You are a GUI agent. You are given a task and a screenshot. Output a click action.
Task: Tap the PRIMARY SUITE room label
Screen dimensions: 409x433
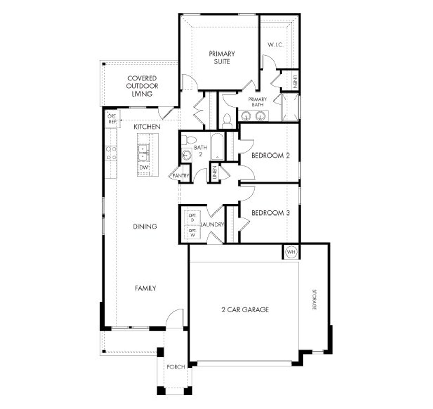[222, 58]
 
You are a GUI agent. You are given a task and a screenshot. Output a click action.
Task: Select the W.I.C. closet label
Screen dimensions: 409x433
[275, 45]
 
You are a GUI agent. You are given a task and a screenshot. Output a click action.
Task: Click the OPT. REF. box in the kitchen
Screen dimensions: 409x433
[112, 119]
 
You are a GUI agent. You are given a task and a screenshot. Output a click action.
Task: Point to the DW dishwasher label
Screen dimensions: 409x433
[143, 168]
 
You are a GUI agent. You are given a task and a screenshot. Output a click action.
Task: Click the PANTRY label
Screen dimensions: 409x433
[181, 176]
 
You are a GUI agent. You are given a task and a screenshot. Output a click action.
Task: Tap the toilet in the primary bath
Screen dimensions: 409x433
[227, 120]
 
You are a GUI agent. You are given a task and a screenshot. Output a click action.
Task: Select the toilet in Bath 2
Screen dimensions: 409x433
[189, 140]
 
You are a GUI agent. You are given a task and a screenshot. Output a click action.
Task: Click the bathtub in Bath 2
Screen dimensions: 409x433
[217, 147]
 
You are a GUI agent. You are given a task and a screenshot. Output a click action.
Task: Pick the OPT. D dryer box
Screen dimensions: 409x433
[192, 218]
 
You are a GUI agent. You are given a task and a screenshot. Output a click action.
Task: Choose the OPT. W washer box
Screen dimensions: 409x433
[192, 232]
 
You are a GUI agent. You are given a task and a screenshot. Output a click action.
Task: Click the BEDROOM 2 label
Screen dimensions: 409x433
[270, 156]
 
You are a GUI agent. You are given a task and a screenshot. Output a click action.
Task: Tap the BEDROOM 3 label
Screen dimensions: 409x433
[270, 213]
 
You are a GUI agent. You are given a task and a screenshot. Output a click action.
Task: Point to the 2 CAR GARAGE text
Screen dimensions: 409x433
[245, 310]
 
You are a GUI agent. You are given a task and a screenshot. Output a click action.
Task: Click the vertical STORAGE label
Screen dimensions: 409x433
[314, 300]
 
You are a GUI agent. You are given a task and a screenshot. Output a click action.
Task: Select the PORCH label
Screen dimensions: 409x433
[176, 367]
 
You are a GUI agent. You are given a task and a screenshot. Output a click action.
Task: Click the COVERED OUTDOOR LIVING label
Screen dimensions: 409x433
[142, 86]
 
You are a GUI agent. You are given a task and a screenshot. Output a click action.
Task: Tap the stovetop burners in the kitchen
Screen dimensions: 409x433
[111, 153]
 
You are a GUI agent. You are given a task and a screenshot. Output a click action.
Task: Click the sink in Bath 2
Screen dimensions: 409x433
[186, 155]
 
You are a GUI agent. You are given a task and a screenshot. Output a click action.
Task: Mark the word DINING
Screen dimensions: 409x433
[145, 226]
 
